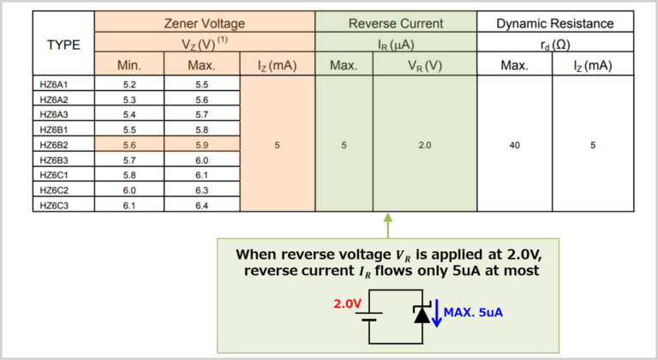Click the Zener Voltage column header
[x=205, y=23]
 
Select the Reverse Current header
[x=395, y=23]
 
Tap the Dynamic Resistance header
[x=556, y=23]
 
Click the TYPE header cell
[x=63, y=45]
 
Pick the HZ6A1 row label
[x=54, y=85]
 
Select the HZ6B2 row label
[x=54, y=145]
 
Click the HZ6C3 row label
[x=54, y=205]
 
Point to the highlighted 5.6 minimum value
[x=129, y=145]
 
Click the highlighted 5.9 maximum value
[x=202, y=145]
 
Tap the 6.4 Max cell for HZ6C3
[x=202, y=205]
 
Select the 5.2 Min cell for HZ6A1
[x=129, y=85]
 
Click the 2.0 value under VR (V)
[x=425, y=146]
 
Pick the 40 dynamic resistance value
[x=514, y=146]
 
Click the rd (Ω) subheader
[x=556, y=45]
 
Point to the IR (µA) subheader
[x=395, y=45]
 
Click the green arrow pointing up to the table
[x=387, y=226]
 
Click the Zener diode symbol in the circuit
[x=421, y=315]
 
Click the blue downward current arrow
[x=436, y=313]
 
